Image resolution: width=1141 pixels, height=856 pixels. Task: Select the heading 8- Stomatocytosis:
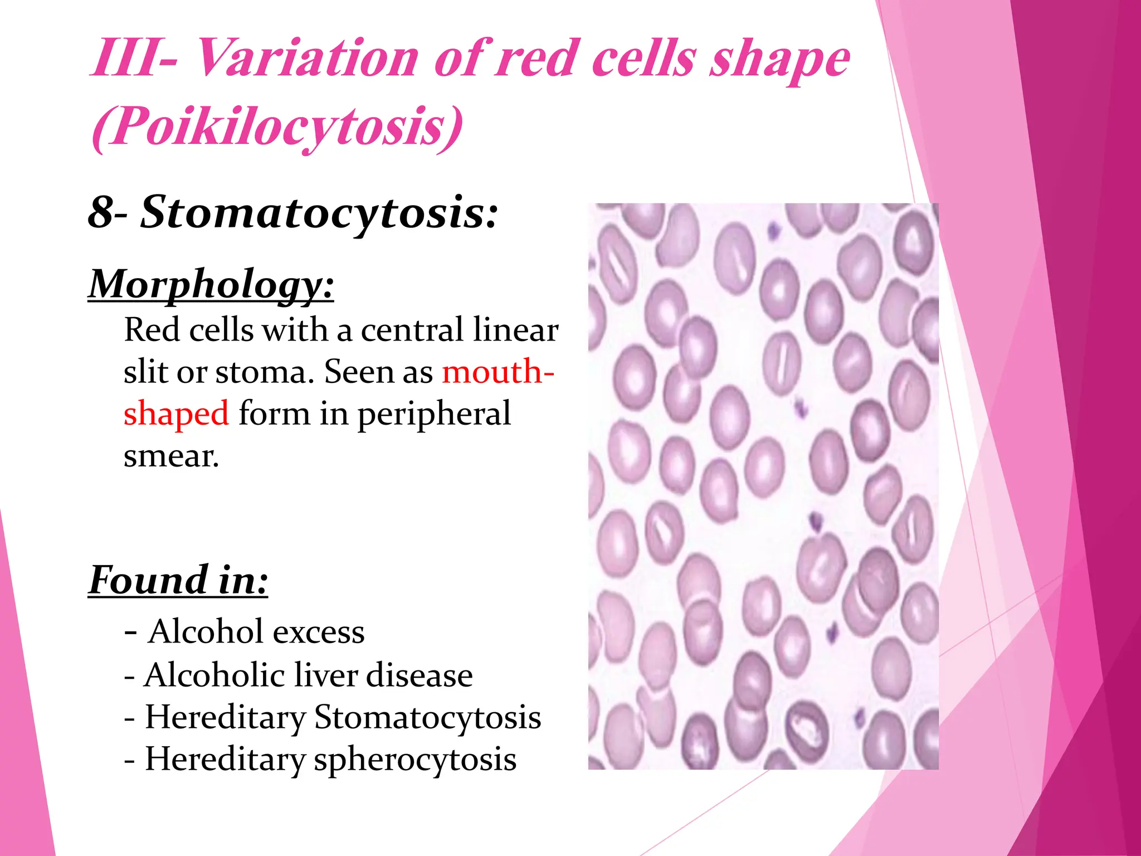[x=292, y=213]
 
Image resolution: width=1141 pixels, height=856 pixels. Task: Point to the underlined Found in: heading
[x=178, y=581]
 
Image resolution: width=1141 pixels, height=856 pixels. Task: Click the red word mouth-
[x=498, y=372]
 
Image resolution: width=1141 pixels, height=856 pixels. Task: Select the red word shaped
[x=176, y=414]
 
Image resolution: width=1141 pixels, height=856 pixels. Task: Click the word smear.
[x=171, y=456]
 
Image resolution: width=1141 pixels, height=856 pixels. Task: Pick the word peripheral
[x=434, y=414]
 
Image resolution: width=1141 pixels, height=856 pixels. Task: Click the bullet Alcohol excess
[x=245, y=632]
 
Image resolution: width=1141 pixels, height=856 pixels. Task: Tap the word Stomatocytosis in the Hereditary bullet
[x=427, y=717]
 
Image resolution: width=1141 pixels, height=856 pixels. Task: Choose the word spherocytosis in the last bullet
[x=415, y=760]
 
